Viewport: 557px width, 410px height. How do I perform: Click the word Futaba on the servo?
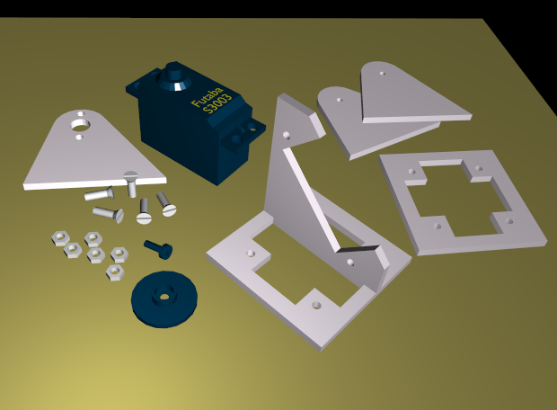208,97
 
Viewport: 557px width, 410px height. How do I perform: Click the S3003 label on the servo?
217,103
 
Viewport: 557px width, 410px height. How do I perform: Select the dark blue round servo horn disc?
164,299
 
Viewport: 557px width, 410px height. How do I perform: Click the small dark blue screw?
159,248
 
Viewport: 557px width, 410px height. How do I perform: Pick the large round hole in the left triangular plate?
81,124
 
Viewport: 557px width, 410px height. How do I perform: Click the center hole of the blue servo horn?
164,296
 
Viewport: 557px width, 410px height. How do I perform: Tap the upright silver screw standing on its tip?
131,183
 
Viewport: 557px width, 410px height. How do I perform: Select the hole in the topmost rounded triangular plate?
382,74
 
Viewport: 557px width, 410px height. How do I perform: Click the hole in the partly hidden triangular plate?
340,100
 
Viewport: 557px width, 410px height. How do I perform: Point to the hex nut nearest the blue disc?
114,272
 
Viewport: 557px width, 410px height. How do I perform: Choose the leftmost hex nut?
60,238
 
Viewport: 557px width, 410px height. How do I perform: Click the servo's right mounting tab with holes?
245,133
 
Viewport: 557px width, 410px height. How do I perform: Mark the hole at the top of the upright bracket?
286,135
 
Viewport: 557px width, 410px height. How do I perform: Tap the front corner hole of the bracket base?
316,305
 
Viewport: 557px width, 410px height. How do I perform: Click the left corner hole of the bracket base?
251,254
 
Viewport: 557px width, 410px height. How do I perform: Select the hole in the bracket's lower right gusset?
349,263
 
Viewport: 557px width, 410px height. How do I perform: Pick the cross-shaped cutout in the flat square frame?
458,198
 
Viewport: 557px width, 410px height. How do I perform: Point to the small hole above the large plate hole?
81,113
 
